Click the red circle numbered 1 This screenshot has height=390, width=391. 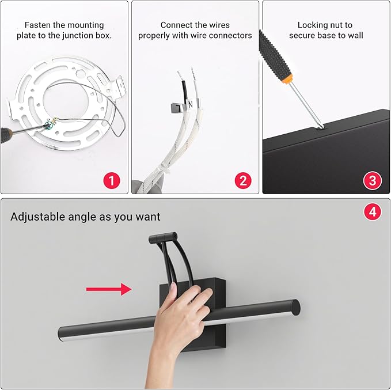pyautogui.click(x=112, y=181)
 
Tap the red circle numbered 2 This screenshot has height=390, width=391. pyautogui.click(x=243, y=181)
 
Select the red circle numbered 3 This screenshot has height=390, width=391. pyautogui.click(x=373, y=181)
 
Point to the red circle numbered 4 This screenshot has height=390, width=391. pyautogui.click(x=373, y=212)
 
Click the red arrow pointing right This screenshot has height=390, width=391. pyautogui.click(x=109, y=289)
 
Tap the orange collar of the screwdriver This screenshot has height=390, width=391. pyautogui.click(x=288, y=79)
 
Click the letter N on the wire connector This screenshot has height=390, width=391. pyautogui.click(x=191, y=104)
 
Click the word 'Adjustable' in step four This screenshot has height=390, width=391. pyautogui.click(x=38, y=217)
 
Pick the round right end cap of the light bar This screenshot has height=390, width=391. pyautogui.click(x=295, y=308)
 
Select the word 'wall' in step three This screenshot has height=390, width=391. pyautogui.click(x=355, y=36)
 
